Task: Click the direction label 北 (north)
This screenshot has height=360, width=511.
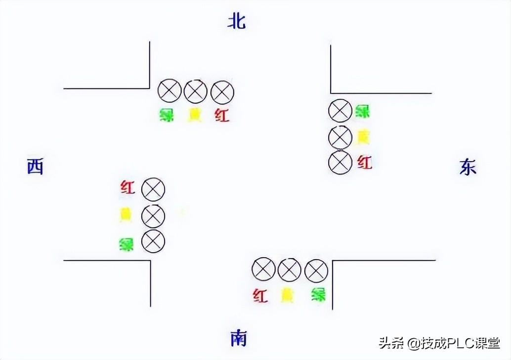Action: point(237,21)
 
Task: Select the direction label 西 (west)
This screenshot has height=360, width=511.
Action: point(35,167)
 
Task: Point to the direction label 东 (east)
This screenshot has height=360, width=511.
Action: point(468,168)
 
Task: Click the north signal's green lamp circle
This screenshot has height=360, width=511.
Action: point(170,91)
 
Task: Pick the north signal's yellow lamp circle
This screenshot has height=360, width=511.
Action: point(196,91)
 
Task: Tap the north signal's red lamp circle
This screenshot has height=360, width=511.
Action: point(222,91)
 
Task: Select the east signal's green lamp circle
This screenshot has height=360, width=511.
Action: point(340,111)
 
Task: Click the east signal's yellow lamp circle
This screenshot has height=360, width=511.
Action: point(340,137)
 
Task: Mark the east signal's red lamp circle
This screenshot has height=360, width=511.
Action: point(340,162)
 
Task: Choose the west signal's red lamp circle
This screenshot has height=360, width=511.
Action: point(153,189)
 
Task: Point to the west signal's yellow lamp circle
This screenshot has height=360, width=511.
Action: point(153,216)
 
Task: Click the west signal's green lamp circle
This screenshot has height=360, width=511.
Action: point(153,241)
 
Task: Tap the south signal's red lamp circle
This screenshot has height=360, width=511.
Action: point(263,270)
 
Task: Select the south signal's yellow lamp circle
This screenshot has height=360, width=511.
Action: point(290,270)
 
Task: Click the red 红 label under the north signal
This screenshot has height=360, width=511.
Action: point(222,116)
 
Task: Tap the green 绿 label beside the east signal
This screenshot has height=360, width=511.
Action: point(363,111)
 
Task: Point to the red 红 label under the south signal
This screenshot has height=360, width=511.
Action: point(260,296)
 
